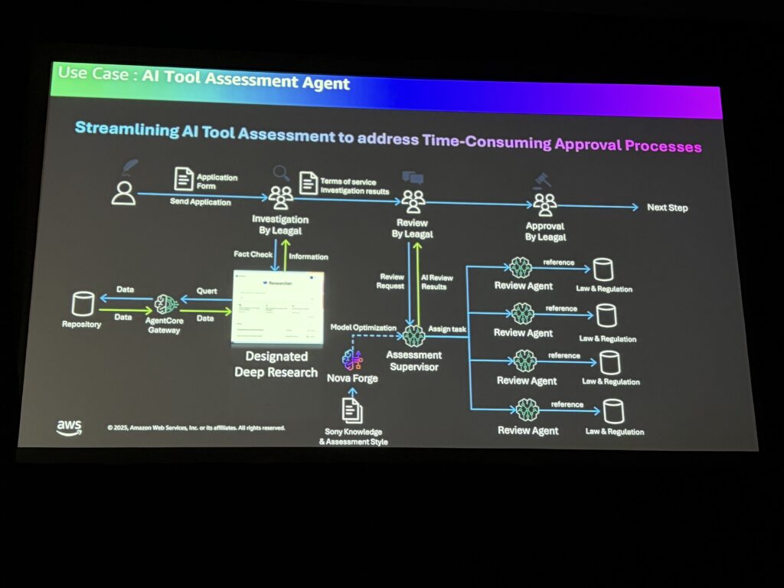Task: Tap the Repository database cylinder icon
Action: [81, 305]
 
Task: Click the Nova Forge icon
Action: [352, 359]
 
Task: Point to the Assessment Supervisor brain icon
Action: [414, 335]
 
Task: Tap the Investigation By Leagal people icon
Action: [281, 197]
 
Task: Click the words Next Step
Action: [668, 207]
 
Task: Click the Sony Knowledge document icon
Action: [352, 411]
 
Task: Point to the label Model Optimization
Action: [363, 328]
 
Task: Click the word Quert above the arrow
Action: [207, 292]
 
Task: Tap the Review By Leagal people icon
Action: [413, 201]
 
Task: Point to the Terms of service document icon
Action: [309, 183]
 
